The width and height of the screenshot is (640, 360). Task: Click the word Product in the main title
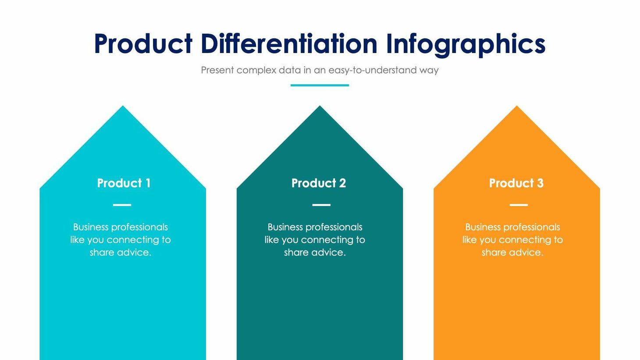click(143, 44)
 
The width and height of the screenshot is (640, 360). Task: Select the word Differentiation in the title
click(289, 44)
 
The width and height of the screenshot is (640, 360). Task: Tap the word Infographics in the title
click(466, 44)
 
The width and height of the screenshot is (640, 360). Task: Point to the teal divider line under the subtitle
click(320, 85)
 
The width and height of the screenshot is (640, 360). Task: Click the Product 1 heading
click(124, 183)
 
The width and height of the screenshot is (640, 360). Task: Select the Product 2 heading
click(319, 183)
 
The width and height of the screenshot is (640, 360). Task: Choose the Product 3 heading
click(516, 183)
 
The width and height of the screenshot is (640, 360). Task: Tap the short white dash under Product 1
click(122, 205)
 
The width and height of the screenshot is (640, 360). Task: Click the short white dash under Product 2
click(321, 205)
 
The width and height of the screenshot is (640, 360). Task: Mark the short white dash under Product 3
click(519, 205)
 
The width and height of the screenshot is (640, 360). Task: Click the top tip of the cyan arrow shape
click(123, 107)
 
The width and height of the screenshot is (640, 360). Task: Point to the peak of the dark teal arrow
click(320, 107)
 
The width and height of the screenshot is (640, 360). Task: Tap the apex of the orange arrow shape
click(516, 107)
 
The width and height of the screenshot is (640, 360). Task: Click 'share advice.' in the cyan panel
click(121, 253)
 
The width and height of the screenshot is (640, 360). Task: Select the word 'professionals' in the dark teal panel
click(335, 227)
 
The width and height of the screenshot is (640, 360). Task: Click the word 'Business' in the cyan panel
click(91, 227)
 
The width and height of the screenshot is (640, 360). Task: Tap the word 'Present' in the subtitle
click(217, 70)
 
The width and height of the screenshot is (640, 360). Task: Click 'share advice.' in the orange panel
click(512, 253)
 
